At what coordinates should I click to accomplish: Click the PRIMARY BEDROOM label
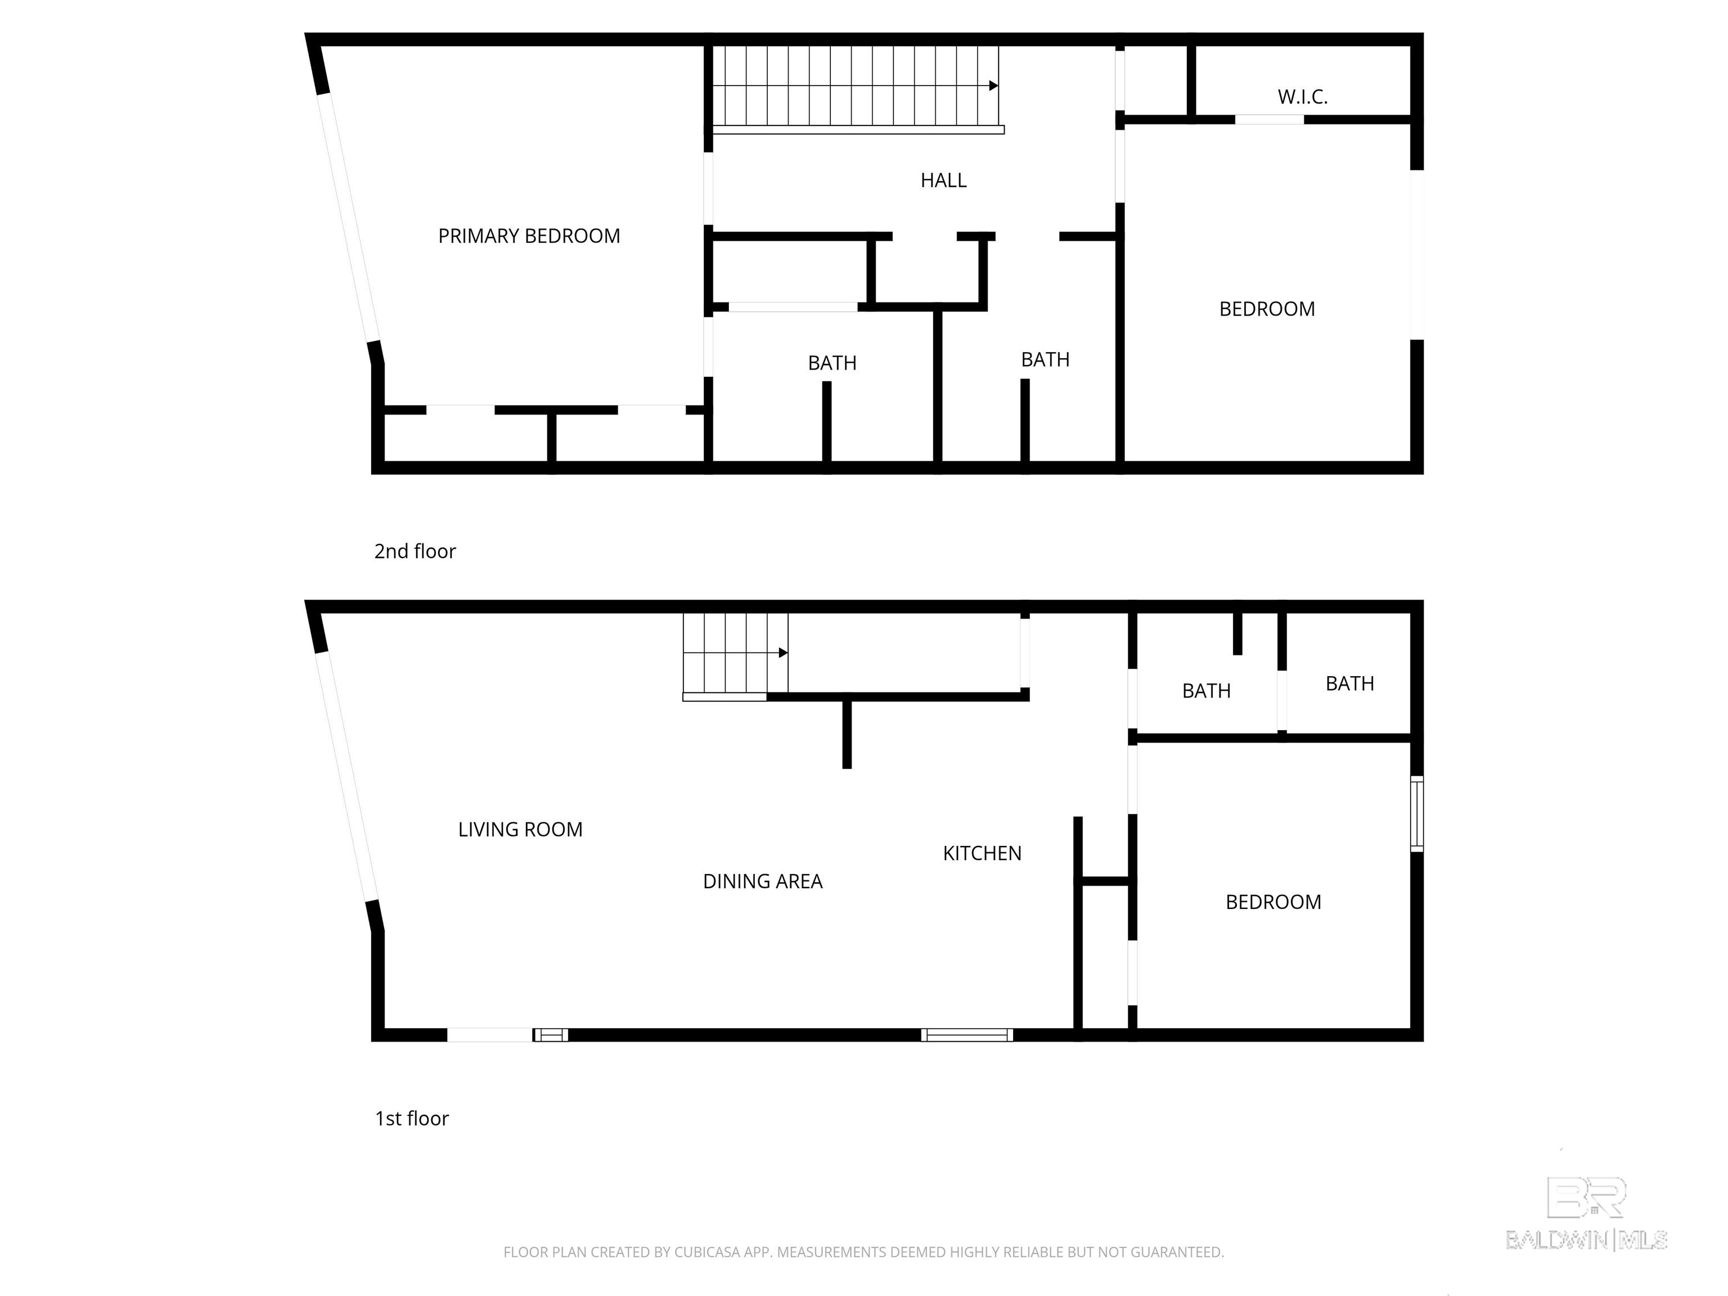(529, 236)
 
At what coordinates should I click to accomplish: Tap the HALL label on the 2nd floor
(943, 181)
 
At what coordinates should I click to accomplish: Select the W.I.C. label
(1302, 97)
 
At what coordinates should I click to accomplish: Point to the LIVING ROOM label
(520, 830)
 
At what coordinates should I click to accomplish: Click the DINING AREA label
(762, 881)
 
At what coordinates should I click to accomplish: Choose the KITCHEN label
(982, 853)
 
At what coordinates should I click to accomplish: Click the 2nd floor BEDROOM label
(1266, 309)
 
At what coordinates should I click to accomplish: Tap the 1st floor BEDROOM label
(1272, 902)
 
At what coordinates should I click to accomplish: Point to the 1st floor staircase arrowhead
(783, 653)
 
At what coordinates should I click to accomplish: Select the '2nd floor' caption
(415, 551)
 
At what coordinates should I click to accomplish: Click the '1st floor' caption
(412, 1119)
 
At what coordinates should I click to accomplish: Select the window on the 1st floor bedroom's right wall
(1416, 813)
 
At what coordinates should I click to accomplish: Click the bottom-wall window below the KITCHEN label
(966, 1035)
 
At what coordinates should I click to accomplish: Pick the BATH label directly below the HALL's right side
(1045, 360)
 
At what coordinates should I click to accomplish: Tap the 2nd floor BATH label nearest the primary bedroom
(832, 363)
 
